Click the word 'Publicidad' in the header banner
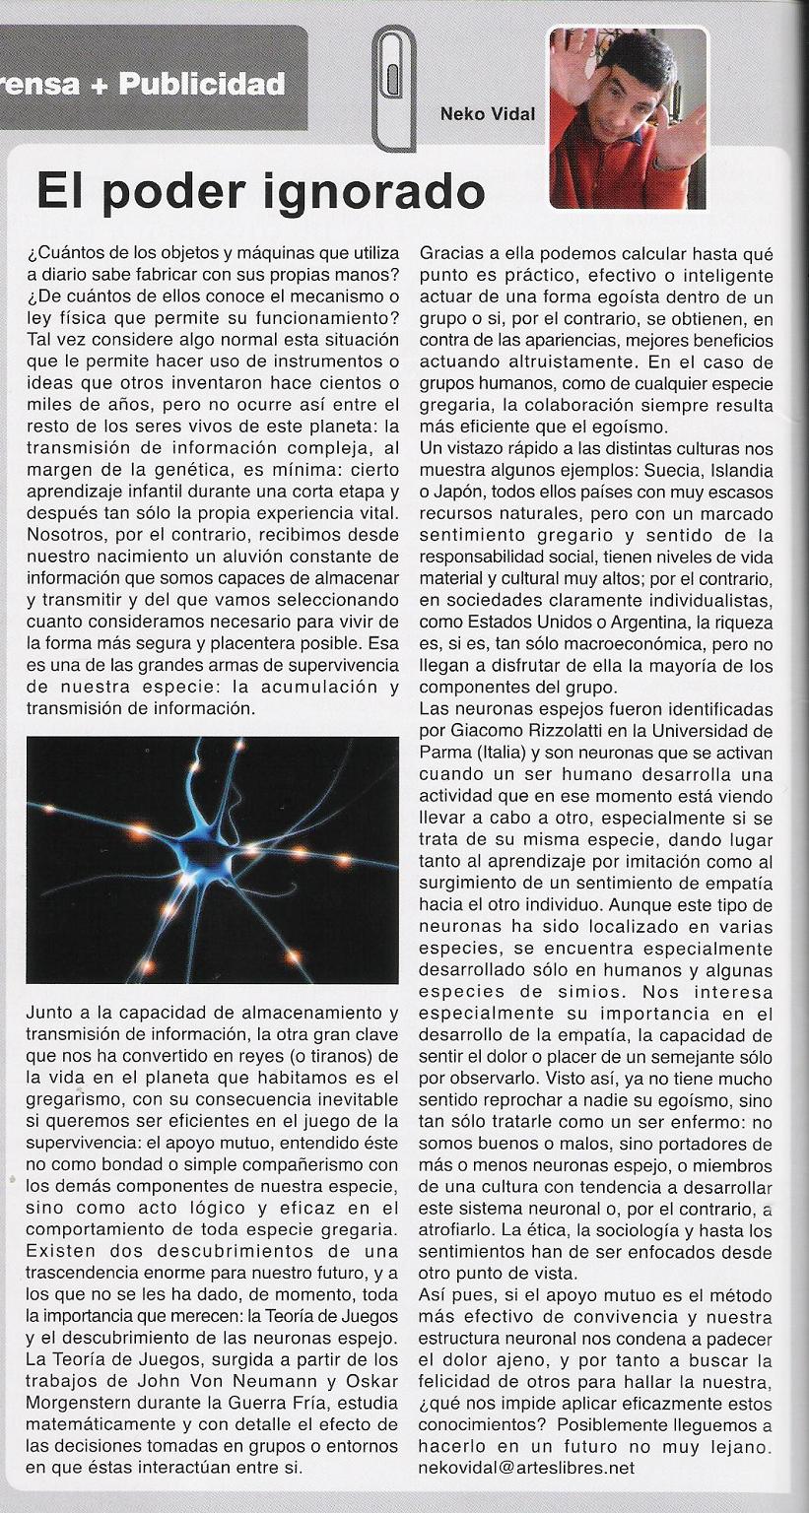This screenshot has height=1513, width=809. [202, 85]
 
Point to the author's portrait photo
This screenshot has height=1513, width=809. [629, 118]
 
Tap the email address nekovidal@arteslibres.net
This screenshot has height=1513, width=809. [526, 1467]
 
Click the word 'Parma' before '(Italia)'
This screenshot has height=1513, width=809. [442, 752]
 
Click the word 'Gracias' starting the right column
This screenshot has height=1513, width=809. [448, 253]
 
